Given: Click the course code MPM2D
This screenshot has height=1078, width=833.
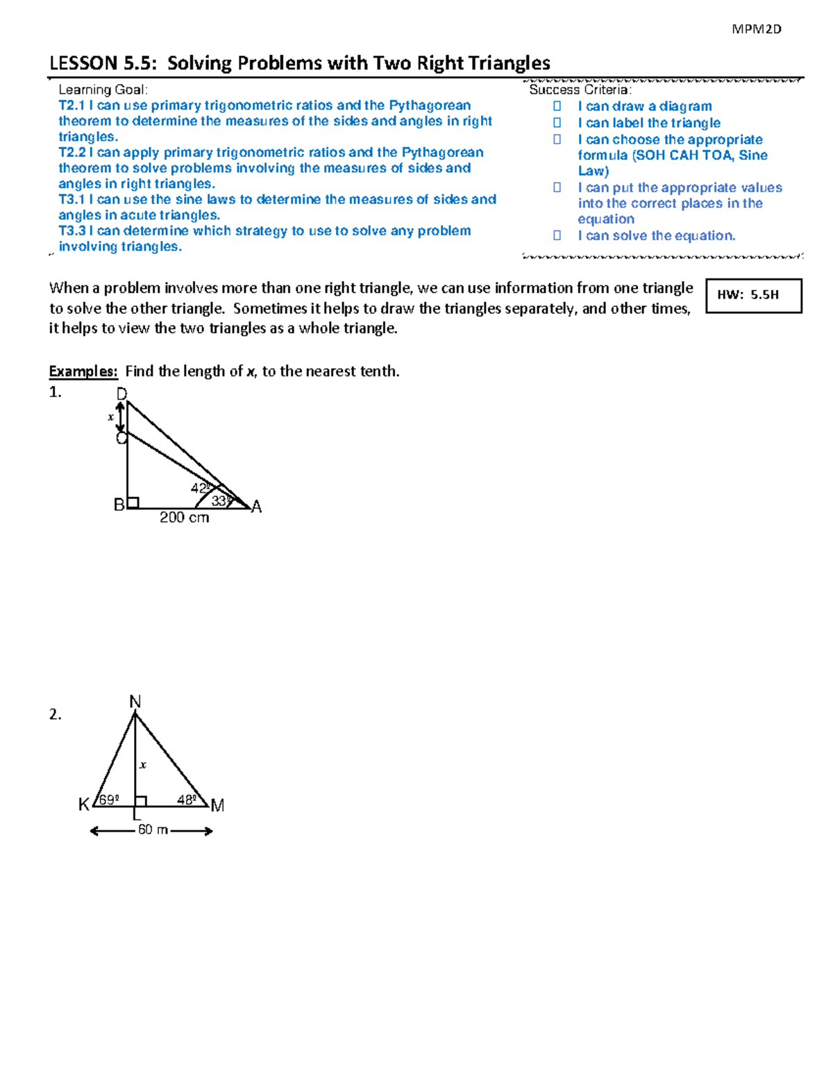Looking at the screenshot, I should click(x=756, y=29).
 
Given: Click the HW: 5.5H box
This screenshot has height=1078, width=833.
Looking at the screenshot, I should click(x=753, y=296).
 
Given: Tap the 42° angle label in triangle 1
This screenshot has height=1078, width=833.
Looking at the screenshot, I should click(x=200, y=488).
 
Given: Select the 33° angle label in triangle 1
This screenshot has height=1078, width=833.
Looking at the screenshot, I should click(x=220, y=500).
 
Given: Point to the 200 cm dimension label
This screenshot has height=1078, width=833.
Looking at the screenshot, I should click(x=184, y=518).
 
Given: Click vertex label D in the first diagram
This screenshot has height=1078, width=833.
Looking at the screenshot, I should click(x=121, y=394).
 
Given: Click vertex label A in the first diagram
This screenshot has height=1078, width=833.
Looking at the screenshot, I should click(x=257, y=507).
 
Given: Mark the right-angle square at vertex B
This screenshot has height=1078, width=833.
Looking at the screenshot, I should click(x=133, y=503).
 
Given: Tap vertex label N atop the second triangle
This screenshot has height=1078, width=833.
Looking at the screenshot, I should click(x=135, y=702).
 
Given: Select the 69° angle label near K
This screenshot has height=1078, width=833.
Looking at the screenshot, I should click(x=108, y=800).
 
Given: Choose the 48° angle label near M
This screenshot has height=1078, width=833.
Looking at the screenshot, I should click(x=187, y=800).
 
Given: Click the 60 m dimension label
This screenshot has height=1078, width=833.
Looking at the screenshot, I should click(x=153, y=830).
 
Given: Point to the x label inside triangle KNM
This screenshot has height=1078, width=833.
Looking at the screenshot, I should click(x=143, y=765).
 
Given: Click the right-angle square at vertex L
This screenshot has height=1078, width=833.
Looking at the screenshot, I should click(x=141, y=801).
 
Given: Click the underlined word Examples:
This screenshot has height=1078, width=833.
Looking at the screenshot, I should click(x=83, y=371).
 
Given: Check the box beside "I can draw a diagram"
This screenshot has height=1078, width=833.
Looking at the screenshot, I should click(x=557, y=106).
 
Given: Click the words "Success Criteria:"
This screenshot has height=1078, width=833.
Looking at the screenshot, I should click(x=580, y=90).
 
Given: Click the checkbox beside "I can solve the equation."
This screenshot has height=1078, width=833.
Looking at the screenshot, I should click(x=557, y=236).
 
